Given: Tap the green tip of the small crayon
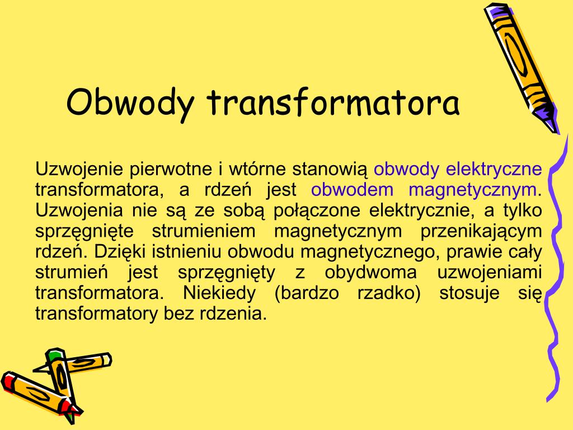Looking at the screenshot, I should pos(54,356).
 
